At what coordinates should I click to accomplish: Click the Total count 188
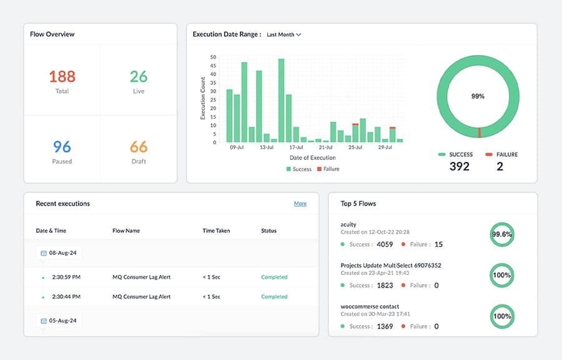(62, 76)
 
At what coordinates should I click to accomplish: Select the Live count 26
(139, 76)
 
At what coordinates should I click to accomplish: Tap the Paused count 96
(62, 146)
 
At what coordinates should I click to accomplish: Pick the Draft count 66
(139, 146)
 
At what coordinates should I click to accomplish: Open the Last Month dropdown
(283, 35)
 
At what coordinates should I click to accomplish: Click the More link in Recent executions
(300, 204)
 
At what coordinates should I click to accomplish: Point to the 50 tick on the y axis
(214, 57)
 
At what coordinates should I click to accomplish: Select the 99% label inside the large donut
(478, 96)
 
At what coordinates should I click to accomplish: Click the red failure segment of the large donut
(479, 132)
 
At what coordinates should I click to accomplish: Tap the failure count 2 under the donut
(500, 166)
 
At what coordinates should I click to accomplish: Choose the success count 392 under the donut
(459, 166)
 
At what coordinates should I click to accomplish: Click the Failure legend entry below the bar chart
(328, 169)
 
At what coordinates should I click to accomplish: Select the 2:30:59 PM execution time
(66, 277)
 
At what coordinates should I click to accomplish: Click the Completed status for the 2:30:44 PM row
(274, 296)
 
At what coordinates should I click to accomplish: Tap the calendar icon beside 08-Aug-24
(44, 253)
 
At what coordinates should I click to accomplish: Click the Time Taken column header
(216, 231)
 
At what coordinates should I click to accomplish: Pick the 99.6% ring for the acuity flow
(502, 234)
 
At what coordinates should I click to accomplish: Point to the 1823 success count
(385, 285)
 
